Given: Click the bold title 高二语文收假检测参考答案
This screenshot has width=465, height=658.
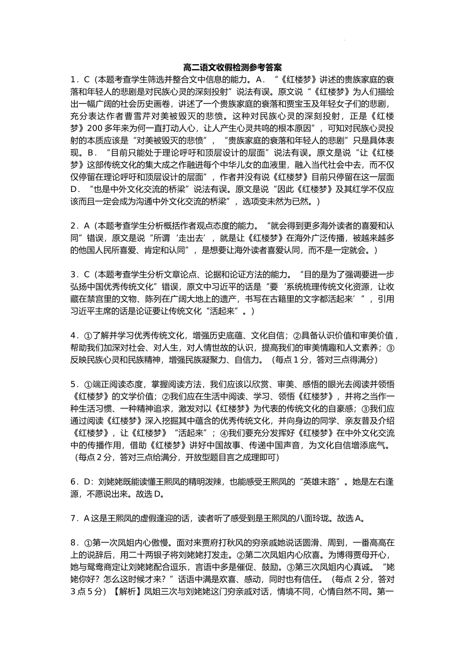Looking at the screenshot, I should tap(232, 67).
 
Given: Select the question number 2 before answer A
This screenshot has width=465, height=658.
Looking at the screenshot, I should tap(72, 226).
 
